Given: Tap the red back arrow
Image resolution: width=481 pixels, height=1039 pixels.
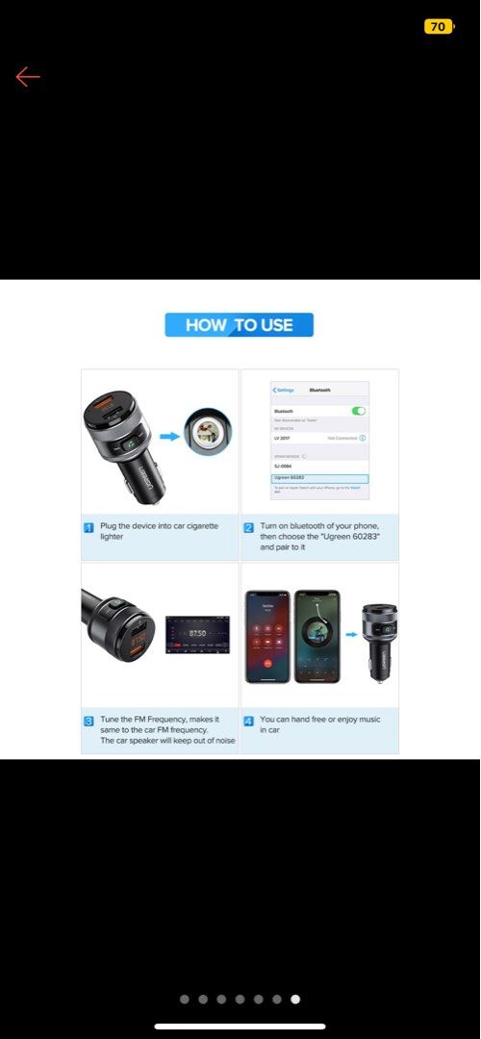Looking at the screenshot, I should tap(28, 77).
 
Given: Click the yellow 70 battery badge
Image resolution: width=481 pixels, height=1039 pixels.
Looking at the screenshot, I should tap(438, 26).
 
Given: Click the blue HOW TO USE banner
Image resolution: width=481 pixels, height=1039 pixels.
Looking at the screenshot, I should tap(239, 325).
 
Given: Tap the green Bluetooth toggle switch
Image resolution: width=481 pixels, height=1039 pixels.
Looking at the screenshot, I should tap(359, 411).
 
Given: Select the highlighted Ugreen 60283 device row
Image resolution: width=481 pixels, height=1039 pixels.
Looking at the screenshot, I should tap(319, 478).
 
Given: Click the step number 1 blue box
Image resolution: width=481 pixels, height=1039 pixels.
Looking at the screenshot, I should tap(89, 527).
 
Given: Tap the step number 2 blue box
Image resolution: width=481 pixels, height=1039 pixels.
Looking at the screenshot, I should tap(248, 527).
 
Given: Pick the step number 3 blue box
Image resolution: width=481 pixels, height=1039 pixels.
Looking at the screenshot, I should tap(89, 720).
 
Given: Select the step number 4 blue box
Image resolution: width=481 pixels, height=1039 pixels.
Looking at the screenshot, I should tap(248, 720).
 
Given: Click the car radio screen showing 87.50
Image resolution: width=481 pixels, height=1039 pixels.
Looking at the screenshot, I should tap(197, 634).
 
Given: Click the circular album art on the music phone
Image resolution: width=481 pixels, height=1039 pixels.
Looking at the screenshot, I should tap(316, 634).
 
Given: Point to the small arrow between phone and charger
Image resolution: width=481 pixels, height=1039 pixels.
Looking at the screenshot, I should tap(348, 636).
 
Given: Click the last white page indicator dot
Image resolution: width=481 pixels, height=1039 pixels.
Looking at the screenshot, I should tap(295, 1000).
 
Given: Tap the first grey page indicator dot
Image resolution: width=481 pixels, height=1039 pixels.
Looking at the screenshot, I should tap(185, 1000).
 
